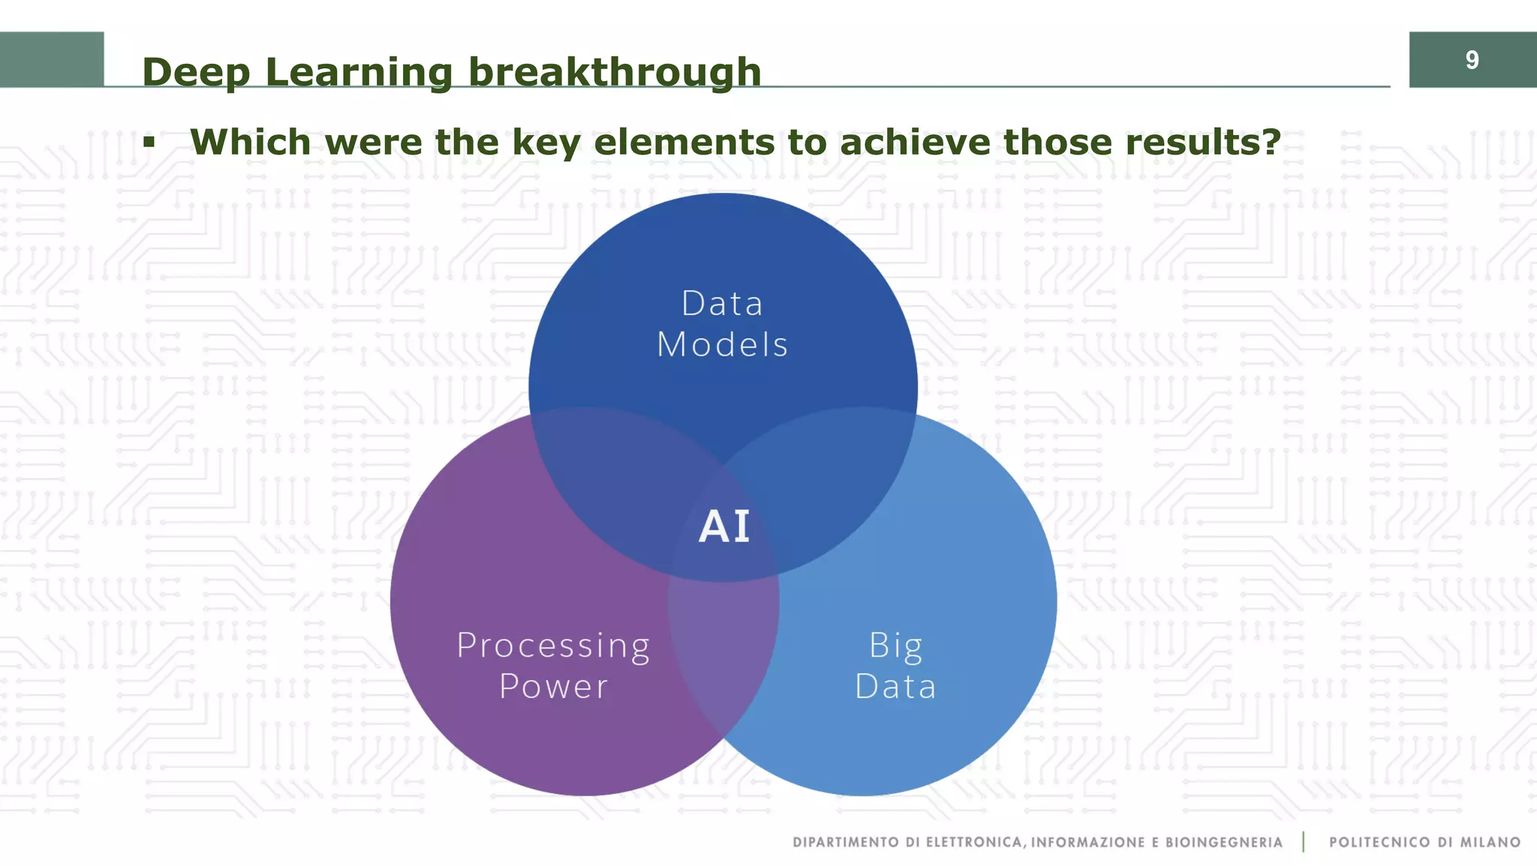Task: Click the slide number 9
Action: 1472,60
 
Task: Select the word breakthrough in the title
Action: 615,73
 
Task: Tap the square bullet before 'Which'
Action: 149,142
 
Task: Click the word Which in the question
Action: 250,142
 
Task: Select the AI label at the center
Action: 724,527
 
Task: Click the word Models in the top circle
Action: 722,345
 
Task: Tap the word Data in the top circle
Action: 722,304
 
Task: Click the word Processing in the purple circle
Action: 553,646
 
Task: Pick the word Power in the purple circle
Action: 553,687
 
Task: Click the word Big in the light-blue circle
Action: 895,646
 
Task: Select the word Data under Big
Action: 895,687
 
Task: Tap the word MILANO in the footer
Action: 1490,843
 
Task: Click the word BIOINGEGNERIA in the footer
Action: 1223,843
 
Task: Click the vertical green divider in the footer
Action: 1304,842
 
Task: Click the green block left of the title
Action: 51,59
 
